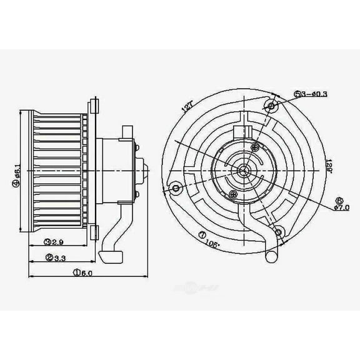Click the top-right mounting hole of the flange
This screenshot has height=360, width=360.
[271, 106]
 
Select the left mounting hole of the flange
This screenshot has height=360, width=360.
[178, 187]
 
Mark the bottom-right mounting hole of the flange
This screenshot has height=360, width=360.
[279, 231]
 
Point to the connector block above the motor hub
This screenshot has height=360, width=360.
[241, 132]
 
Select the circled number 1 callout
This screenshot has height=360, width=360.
[76, 273]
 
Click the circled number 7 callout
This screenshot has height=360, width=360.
[202, 235]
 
